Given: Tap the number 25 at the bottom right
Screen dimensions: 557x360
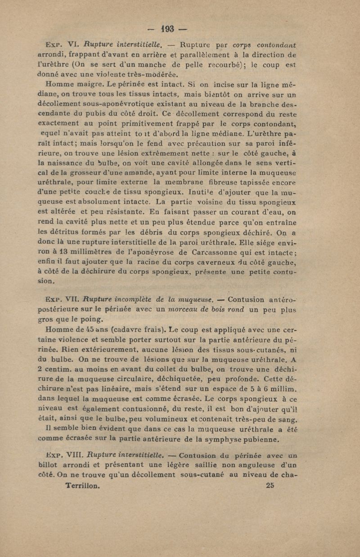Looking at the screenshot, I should click(270, 485).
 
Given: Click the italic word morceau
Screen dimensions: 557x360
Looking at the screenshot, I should click(171, 309).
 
